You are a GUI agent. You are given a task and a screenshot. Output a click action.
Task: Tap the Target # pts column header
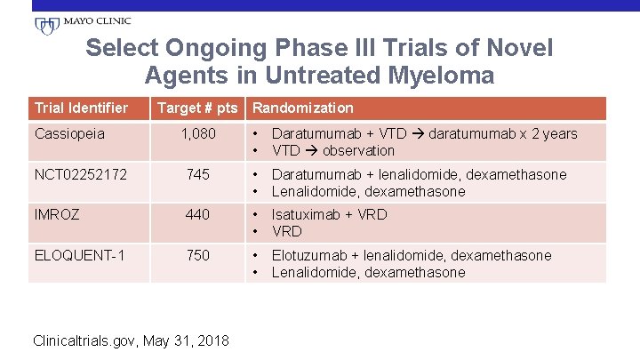(x=197, y=108)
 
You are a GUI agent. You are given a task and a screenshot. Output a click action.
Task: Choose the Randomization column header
(x=304, y=108)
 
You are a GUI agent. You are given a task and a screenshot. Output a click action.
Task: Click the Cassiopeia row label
(x=69, y=133)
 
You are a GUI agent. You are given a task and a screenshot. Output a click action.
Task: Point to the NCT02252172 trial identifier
(x=81, y=175)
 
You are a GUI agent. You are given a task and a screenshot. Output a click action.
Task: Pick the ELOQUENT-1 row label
(x=79, y=255)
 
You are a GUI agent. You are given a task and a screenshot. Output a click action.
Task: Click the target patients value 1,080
(x=197, y=133)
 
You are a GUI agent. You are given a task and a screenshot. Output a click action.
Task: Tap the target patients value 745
(x=197, y=175)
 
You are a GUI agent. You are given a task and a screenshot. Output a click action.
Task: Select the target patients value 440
(x=197, y=214)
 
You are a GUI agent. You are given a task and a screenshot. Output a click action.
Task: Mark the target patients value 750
(x=197, y=255)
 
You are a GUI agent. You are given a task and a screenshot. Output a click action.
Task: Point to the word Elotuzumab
(x=310, y=255)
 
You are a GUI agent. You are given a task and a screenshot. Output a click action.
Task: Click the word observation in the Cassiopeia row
(x=359, y=150)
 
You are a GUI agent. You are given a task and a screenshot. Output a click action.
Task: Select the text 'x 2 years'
(x=548, y=133)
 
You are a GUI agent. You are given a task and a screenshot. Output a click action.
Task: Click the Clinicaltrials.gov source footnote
(x=130, y=340)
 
